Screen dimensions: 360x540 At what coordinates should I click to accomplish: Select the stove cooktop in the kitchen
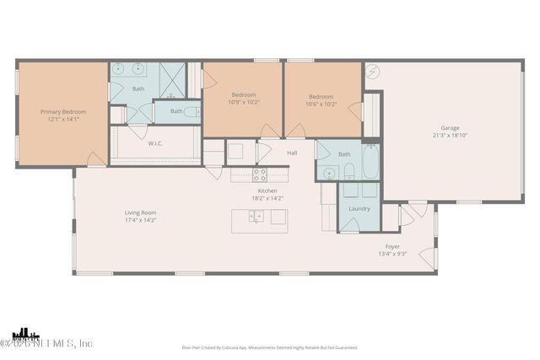pos(260,175)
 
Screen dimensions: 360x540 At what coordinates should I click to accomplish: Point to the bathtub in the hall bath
pos(370,163)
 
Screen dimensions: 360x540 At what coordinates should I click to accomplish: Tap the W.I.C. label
pos(155,143)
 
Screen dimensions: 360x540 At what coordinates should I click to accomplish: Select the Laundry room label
pos(359,208)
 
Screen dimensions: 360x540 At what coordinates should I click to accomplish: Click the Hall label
pos(292,153)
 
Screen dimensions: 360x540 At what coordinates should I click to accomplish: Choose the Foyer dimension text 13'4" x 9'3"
pos(391,253)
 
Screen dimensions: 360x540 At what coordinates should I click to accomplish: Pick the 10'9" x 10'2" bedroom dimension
pos(246,104)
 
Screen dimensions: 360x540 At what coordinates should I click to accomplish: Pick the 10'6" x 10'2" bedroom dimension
pos(322,104)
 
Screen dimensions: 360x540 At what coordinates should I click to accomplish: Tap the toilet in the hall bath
pos(348,173)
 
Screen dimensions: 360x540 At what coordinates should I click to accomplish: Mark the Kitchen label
pos(267,191)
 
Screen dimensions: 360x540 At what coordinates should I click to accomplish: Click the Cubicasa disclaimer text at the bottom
pos(269,347)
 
